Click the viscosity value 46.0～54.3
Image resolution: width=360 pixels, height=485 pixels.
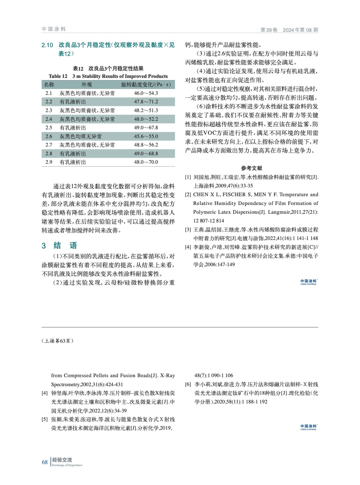coord(146,93)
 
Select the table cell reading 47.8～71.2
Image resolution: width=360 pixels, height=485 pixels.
coord(146,102)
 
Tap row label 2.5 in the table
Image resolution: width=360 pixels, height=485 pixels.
coord(49,128)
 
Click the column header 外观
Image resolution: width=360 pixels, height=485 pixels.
coord(86,85)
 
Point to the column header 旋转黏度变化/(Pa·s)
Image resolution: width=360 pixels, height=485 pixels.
coord(146,85)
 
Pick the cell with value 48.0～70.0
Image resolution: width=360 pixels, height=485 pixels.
coord(146,162)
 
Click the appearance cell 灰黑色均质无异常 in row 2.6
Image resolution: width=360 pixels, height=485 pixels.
coord(80,136)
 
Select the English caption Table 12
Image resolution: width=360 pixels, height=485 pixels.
coord(58,76)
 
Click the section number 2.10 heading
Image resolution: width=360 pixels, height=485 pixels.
coord(47,45)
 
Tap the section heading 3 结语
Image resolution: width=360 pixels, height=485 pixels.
coord(59,245)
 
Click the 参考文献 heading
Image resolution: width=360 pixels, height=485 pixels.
coord(251,168)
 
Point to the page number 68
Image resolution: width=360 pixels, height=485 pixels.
coord(45,462)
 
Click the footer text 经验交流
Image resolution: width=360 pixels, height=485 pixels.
coord(62,460)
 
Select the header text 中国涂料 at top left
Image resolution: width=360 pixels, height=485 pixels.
coord(54,29)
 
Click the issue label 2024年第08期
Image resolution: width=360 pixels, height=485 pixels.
coord(300,30)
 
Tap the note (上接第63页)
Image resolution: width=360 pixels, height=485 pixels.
coord(57,341)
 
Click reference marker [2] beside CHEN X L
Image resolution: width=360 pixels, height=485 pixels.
coord(188,195)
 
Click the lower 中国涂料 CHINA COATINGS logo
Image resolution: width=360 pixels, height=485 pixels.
coord(308,427)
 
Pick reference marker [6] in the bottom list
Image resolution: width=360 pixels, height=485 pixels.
coord(188,384)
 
